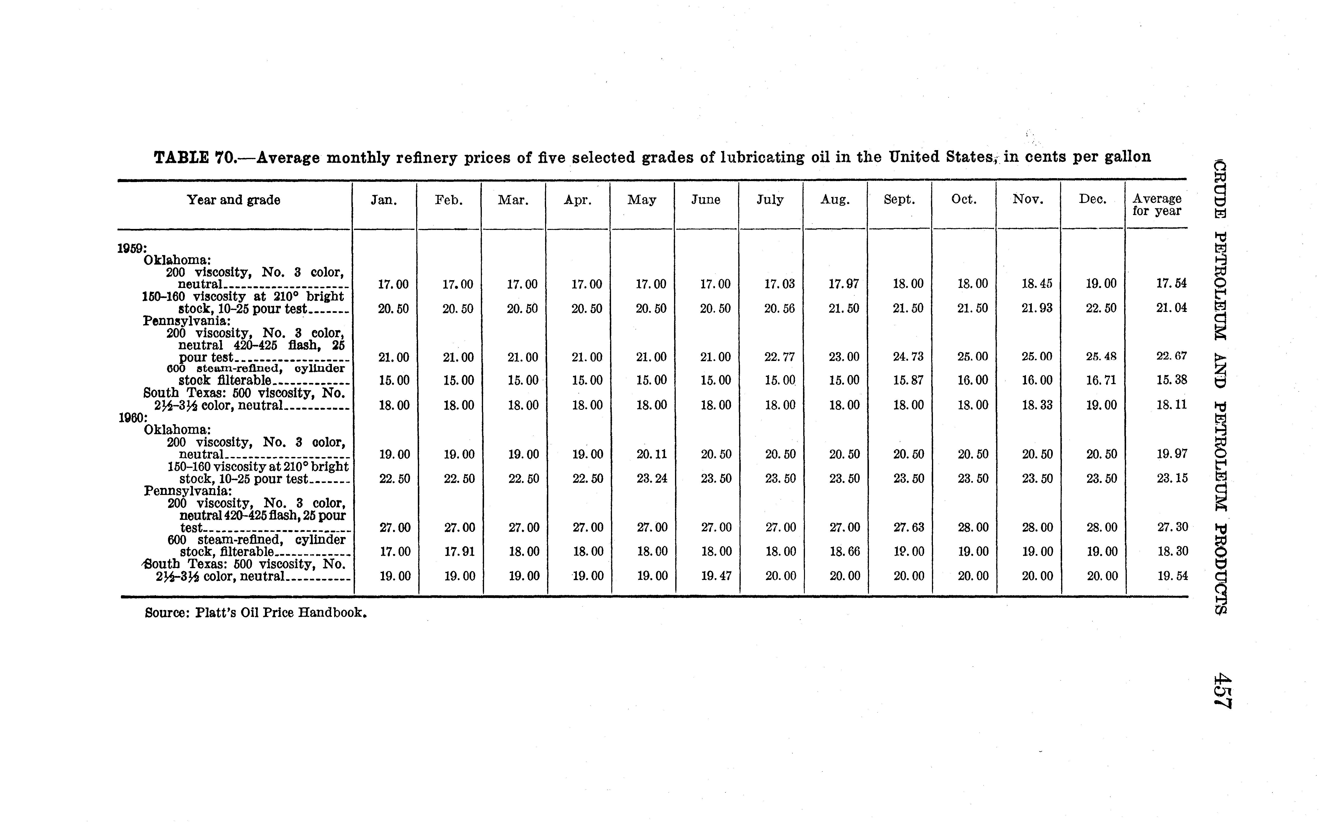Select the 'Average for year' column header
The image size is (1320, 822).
(x=1157, y=205)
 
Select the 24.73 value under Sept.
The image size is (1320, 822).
(x=908, y=357)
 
